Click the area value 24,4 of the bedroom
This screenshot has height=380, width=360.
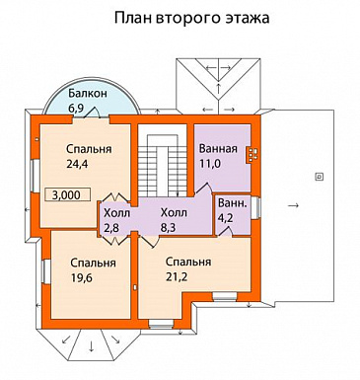75,165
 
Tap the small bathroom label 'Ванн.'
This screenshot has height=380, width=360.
233,203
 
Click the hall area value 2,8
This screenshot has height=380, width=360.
114,228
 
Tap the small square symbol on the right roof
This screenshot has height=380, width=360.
318,176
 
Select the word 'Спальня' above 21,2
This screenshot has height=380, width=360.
188,262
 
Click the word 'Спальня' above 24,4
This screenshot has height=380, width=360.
75,149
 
